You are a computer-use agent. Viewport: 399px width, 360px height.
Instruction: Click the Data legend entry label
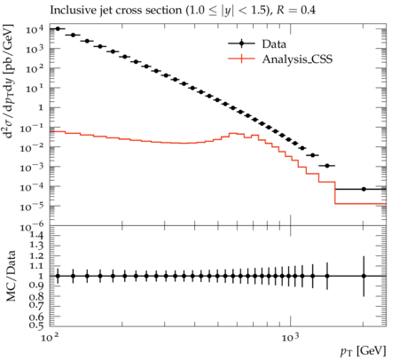coord(274,44)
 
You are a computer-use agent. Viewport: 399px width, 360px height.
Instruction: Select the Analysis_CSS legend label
coord(297,59)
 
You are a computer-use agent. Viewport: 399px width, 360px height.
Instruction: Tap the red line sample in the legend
coord(241,59)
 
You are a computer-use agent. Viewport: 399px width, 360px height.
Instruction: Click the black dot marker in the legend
coord(241,43)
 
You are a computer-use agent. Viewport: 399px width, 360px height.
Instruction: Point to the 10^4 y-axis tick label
coord(35,29)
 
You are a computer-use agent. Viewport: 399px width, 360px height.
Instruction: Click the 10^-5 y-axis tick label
coord(33,207)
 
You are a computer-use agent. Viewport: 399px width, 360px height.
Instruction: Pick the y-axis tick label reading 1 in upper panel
coord(41,108)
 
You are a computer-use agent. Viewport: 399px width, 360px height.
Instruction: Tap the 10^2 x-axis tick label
coord(49,337)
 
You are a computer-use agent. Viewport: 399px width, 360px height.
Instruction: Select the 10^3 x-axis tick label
coord(290,337)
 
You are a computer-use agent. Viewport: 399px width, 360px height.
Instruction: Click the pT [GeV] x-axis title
coord(364,351)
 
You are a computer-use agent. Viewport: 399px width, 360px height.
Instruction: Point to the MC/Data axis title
coord(11,276)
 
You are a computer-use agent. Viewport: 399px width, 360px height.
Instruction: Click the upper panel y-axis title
coord(8,81)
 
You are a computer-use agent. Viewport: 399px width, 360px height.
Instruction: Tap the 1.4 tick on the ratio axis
coord(36,236)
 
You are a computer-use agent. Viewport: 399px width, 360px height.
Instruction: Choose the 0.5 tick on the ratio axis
coord(36,325)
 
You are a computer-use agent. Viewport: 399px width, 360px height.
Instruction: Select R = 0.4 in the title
coord(296,10)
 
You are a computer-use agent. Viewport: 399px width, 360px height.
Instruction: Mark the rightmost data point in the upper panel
coord(364,189)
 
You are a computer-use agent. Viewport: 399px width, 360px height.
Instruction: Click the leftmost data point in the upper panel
coord(58,28)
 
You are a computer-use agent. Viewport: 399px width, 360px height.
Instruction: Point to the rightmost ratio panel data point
coord(364,276)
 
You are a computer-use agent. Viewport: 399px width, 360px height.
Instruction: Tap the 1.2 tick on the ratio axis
coord(36,256)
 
